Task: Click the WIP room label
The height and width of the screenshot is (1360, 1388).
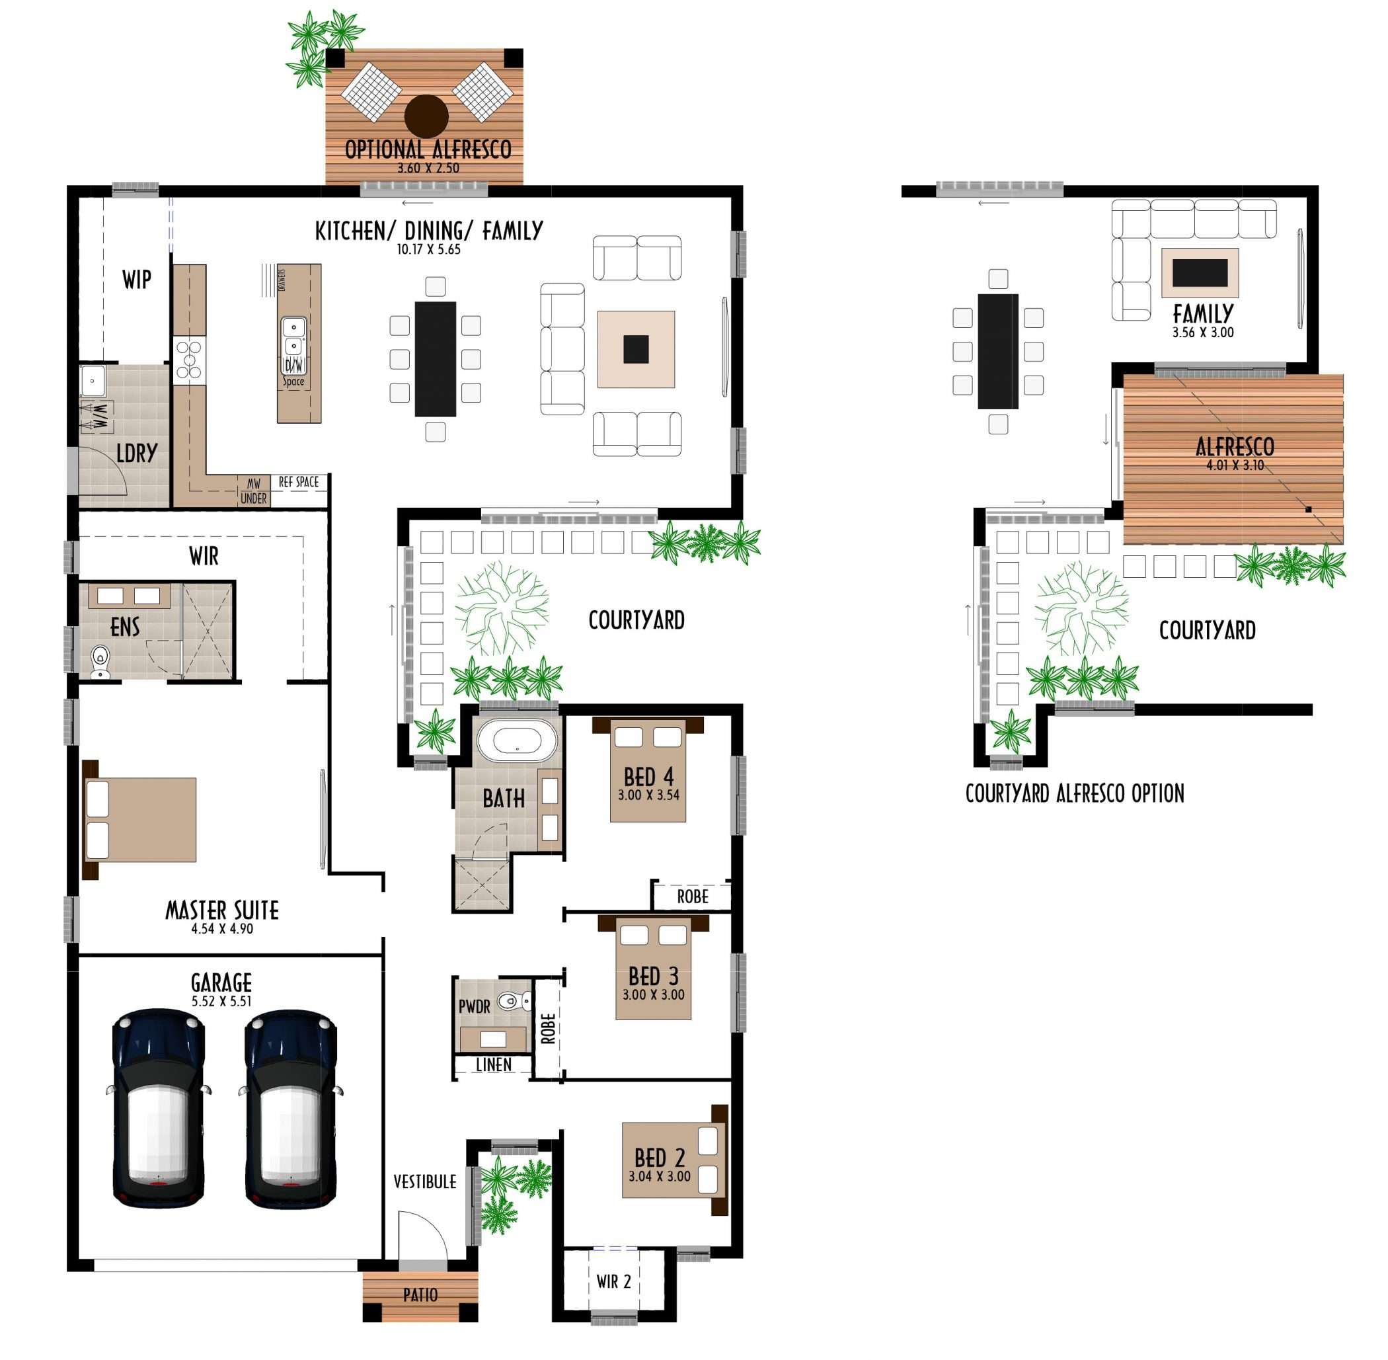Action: (x=136, y=279)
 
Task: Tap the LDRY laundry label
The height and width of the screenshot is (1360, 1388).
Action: (x=136, y=454)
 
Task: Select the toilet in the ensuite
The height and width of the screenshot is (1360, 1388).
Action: (x=100, y=660)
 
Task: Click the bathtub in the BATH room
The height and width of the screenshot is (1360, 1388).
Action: (x=517, y=740)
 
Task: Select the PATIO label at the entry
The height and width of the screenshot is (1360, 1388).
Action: (x=420, y=1295)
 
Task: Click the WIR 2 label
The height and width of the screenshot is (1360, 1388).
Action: (x=613, y=1282)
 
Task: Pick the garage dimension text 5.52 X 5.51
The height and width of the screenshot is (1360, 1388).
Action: (x=221, y=1002)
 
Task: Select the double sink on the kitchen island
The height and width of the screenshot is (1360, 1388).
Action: (x=293, y=337)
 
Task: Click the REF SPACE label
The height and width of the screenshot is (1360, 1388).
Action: (x=299, y=482)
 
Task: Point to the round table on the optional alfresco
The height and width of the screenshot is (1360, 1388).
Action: (x=426, y=116)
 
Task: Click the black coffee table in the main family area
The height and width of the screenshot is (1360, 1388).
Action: (x=635, y=349)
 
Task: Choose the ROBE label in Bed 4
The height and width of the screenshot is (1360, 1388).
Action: (x=693, y=897)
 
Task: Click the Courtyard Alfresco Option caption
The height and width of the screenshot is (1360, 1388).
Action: (x=1075, y=793)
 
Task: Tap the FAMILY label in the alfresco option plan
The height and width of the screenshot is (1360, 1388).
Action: (x=1203, y=313)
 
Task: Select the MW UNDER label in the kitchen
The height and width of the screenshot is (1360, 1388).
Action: (x=253, y=491)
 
